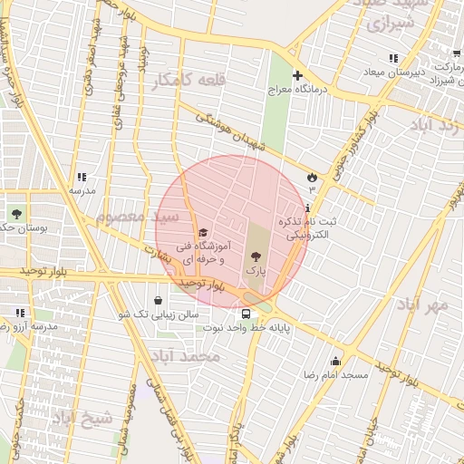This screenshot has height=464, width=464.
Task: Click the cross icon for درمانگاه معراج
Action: point(297,74)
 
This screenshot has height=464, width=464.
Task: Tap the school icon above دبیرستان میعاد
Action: point(392,59)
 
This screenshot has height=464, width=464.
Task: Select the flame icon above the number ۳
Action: point(313,176)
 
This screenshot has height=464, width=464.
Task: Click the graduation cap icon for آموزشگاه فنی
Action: point(203,232)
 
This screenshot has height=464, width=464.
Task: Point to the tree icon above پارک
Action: point(256,256)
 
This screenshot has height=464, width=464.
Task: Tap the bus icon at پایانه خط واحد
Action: point(246,314)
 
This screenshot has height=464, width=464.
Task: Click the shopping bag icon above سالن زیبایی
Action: point(159,300)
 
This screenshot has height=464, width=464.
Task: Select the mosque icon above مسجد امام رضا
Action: point(335,361)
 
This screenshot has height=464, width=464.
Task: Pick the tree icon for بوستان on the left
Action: point(16,214)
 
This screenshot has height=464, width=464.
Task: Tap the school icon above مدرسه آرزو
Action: point(20,313)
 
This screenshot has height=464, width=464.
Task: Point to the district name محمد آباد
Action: point(188,357)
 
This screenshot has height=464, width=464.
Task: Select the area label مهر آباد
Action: point(423,304)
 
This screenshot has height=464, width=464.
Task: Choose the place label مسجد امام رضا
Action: point(335,374)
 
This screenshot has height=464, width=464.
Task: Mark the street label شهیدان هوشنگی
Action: point(234,130)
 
